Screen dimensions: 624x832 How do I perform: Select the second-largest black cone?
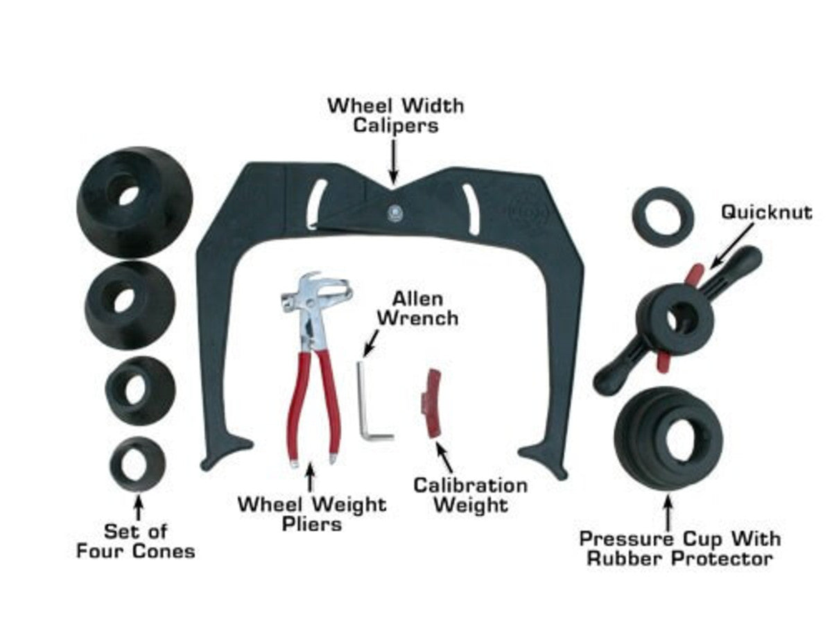(130, 305)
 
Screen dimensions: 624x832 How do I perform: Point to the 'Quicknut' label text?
(765, 212)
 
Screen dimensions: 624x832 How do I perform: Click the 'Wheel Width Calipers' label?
(396, 116)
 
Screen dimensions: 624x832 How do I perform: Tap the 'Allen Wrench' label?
(425, 309)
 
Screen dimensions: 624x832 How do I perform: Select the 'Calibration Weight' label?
(470, 495)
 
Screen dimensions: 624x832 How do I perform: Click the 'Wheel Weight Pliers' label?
(311, 513)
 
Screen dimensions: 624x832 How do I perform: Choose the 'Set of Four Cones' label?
(136, 541)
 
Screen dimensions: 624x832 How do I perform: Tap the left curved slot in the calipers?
(315, 201)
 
